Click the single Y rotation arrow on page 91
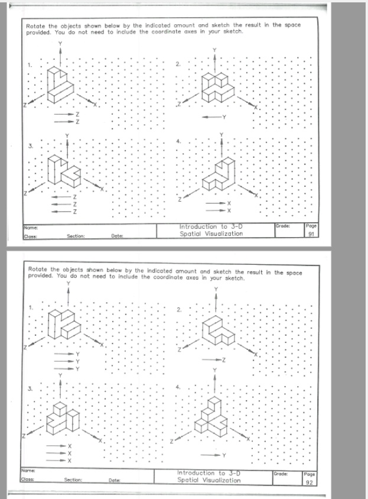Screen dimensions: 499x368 coord(216,116)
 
